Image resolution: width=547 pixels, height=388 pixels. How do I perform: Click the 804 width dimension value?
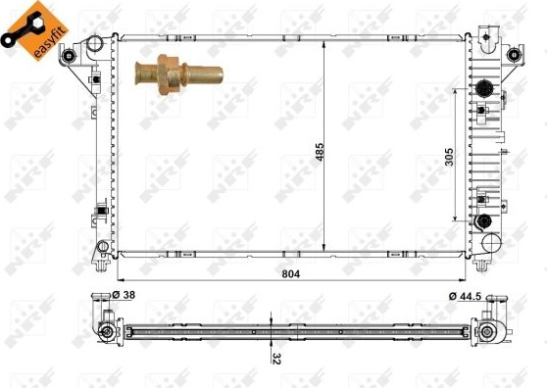[290, 274]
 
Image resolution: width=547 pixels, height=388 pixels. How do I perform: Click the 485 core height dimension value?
[320, 152]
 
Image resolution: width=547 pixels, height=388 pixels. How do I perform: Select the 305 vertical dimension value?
[450, 157]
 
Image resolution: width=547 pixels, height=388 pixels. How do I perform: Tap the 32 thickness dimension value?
[276, 358]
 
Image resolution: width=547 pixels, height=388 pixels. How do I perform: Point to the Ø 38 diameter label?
[124, 295]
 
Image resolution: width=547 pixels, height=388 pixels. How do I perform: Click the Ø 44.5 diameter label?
[465, 296]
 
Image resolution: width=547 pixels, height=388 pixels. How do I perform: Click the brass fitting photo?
[179, 74]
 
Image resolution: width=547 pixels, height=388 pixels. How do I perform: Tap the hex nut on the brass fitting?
[169, 74]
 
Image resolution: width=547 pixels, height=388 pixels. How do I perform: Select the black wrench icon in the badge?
[22, 29]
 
